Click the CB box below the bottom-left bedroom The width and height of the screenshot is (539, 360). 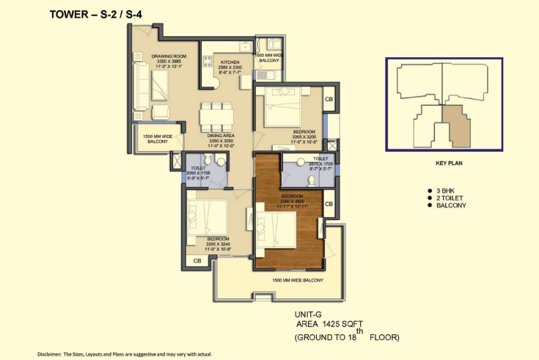pos(197,260)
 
